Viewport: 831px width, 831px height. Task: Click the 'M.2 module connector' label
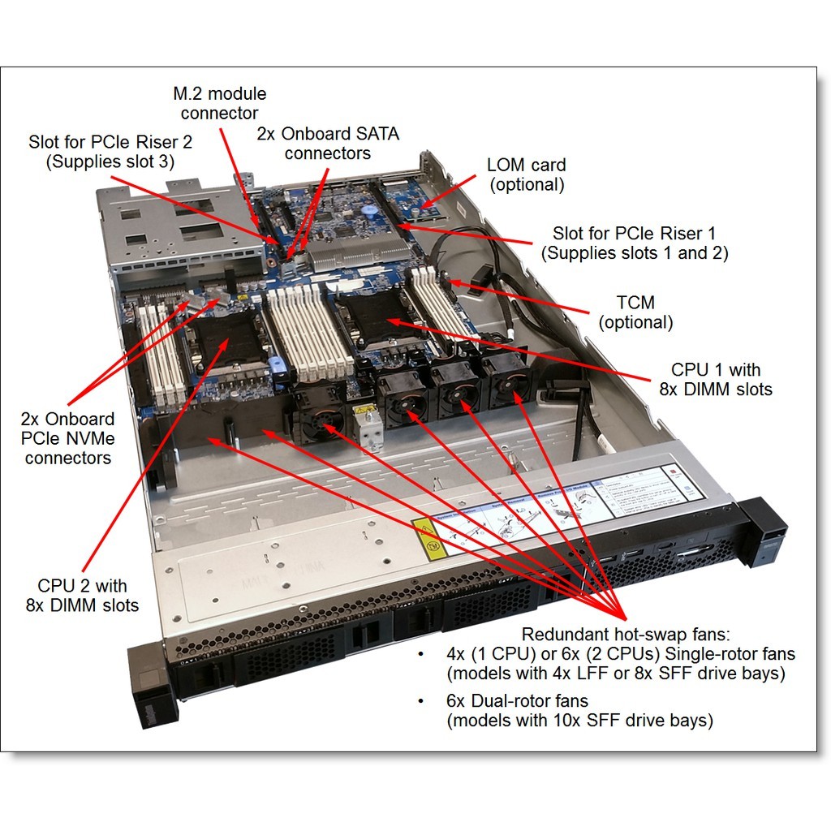tap(219, 103)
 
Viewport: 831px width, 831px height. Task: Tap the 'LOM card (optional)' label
tap(525, 174)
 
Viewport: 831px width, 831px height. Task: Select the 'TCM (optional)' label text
tap(635, 312)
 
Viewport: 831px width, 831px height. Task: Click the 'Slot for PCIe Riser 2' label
tap(110, 151)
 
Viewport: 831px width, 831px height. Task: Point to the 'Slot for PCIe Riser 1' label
tap(634, 243)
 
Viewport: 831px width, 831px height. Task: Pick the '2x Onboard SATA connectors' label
tap(328, 143)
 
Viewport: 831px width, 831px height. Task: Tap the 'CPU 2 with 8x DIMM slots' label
tap(88, 595)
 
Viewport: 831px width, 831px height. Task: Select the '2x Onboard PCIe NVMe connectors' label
tap(67, 438)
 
